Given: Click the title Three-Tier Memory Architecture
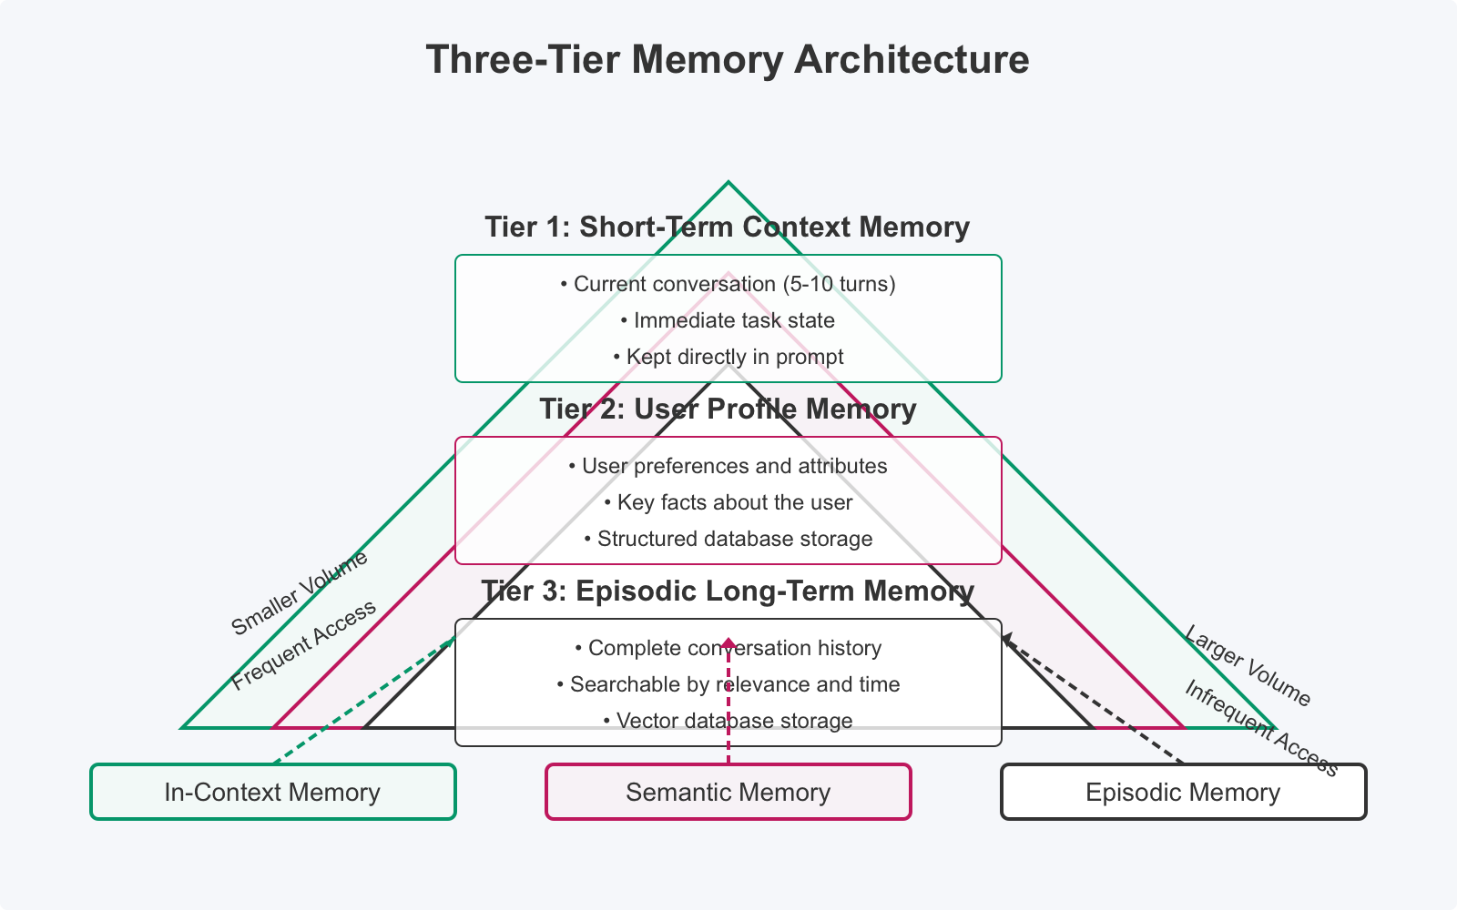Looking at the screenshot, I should (x=728, y=60).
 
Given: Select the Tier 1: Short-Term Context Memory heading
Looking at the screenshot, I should (x=727, y=227).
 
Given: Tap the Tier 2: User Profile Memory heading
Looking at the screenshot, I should (x=727, y=409).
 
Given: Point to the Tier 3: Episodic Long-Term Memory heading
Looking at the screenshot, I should (x=727, y=591).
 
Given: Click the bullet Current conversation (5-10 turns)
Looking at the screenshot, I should (x=728, y=284).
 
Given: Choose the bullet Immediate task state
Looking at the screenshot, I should (x=728, y=320).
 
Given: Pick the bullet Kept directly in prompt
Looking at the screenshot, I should (x=728, y=357).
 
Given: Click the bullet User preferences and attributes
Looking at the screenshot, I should (x=728, y=466).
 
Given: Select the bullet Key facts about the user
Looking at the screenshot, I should (x=728, y=502).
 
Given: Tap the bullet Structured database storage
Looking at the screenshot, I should (x=728, y=539).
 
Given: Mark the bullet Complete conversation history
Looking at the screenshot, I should (x=728, y=648).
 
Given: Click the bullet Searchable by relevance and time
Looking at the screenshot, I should (x=728, y=684).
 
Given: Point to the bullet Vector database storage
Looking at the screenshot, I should (x=728, y=721).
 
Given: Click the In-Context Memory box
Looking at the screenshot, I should (x=272, y=792).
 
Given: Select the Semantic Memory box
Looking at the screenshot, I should (x=728, y=792).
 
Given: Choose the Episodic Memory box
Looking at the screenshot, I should (x=1183, y=792).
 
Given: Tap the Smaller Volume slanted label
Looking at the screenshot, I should (x=300, y=592).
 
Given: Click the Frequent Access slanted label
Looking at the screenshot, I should (x=303, y=645).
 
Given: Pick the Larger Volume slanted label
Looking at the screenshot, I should (x=1247, y=666).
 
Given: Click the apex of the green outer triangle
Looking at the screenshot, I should (x=728, y=183).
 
